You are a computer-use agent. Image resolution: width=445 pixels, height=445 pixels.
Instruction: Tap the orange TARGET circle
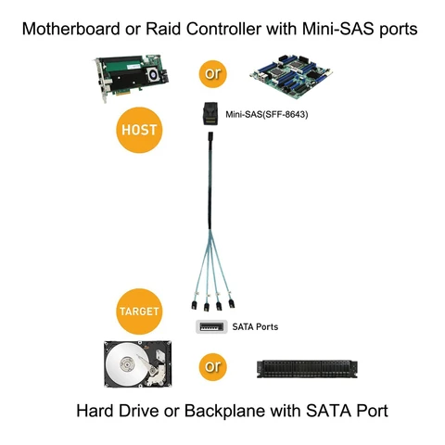pos(138,310)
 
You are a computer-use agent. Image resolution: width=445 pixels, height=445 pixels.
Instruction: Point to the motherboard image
pos(289,72)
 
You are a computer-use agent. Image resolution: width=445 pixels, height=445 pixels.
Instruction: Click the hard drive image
pos(140,368)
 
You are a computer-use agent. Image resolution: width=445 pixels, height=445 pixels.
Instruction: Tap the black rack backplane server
pos(305,368)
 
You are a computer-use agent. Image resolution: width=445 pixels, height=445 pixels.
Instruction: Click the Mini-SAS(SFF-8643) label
pos(267,116)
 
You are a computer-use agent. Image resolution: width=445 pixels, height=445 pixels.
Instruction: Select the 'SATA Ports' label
pos(254,327)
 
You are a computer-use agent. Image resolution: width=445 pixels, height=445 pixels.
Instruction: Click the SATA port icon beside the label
pos(211,327)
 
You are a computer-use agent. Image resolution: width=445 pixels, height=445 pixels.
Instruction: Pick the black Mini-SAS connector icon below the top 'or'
pos(211,112)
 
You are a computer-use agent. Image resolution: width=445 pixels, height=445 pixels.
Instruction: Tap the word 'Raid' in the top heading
pos(167,29)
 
